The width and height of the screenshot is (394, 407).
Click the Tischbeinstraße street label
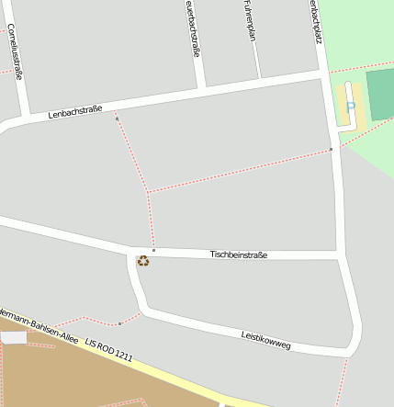238,254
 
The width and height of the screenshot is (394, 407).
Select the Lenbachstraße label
75,114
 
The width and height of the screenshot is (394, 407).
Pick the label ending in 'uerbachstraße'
192,28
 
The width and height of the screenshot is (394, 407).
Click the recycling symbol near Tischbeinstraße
143,261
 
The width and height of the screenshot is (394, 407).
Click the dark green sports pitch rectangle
380,93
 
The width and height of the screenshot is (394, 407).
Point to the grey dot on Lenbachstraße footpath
117,119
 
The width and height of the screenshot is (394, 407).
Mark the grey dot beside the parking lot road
331,149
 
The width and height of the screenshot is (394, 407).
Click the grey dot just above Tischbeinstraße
153,250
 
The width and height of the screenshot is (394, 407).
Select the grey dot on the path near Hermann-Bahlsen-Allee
119,323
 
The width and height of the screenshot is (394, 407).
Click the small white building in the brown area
14,338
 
